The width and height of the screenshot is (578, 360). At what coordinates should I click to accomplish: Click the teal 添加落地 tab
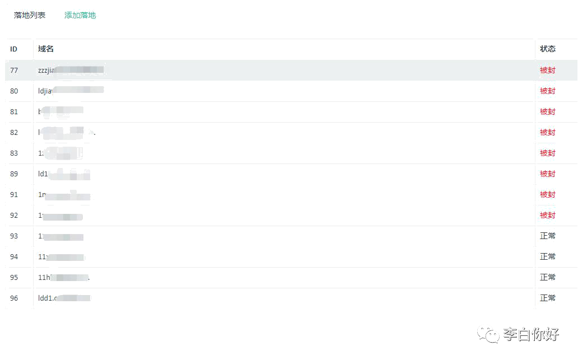pyautogui.click(x=81, y=16)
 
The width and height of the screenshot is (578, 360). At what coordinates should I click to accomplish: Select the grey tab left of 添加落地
pyautogui.click(x=30, y=15)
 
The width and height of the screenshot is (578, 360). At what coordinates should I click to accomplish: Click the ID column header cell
pyautogui.click(x=14, y=49)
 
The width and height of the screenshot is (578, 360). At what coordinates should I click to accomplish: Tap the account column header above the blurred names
pyautogui.click(x=45, y=50)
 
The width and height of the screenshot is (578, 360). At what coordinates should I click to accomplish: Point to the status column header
pyautogui.click(x=547, y=49)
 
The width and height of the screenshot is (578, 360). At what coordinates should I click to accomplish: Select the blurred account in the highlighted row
pyautogui.click(x=71, y=71)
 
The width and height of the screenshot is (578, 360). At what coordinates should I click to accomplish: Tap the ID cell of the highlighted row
pyautogui.click(x=14, y=71)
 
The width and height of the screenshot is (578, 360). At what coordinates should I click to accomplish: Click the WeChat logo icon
pyautogui.click(x=488, y=334)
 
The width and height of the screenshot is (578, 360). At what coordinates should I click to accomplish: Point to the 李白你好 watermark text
pyautogui.click(x=530, y=335)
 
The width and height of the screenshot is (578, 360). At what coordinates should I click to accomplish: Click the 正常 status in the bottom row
pyautogui.click(x=547, y=298)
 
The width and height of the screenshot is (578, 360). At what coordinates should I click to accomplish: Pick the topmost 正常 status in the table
pyautogui.click(x=547, y=236)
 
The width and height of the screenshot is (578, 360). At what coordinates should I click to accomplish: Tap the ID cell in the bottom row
pyautogui.click(x=14, y=298)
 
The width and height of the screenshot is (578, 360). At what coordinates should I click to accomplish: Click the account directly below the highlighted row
pyautogui.click(x=71, y=90)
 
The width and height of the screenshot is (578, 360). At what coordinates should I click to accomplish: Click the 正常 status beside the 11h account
pyautogui.click(x=547, y=278)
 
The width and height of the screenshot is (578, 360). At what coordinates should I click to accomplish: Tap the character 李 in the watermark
pyautogui.click(x=510, y=335)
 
